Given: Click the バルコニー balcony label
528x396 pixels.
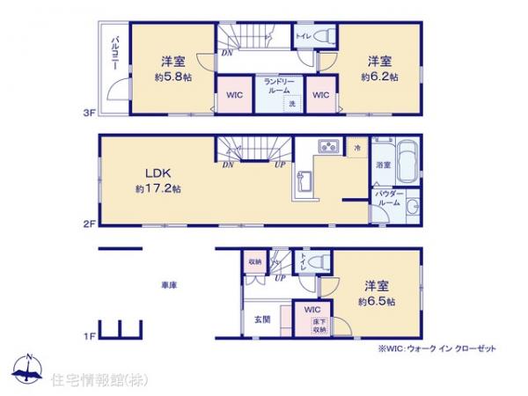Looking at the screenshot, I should [x=115, y=55].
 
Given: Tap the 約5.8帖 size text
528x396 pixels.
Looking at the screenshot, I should [x=172, y=77].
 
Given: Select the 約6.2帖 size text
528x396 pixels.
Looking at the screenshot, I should [x=378, y=77].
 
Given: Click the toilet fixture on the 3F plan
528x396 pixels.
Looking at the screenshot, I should [x=326, y=36].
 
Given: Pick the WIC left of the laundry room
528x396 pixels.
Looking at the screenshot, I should [x=233, y=95].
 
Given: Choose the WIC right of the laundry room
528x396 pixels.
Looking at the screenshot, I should [x=320, y=95].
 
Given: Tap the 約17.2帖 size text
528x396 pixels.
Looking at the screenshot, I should [x=158, y=188].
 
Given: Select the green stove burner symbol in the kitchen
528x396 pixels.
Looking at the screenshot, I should [x=329, y=147].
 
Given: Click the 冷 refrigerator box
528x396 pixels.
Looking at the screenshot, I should [x=356, y=147].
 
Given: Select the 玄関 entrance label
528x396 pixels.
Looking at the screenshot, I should [x=262, y=318].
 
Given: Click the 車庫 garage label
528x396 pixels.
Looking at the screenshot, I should [x=169, y=285].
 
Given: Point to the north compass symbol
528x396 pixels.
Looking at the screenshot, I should [x=28, y=370].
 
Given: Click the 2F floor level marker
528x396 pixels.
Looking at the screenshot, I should [x=89, y=224].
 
